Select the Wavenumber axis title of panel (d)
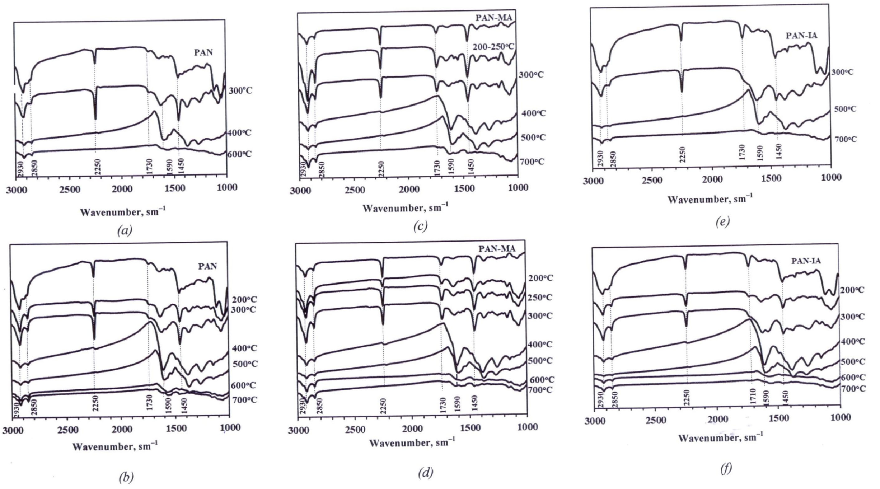pos(412,444)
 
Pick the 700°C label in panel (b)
pos(245,400)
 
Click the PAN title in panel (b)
pos(207,266)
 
